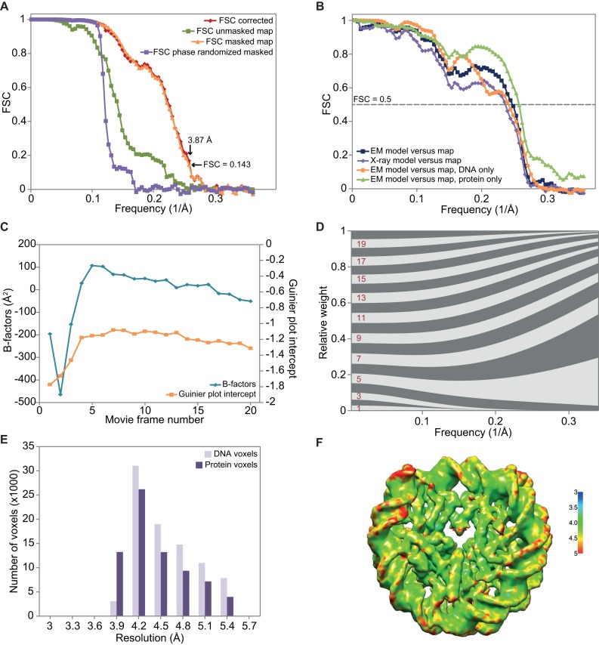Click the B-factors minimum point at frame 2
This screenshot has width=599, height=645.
tap(60, 394)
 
